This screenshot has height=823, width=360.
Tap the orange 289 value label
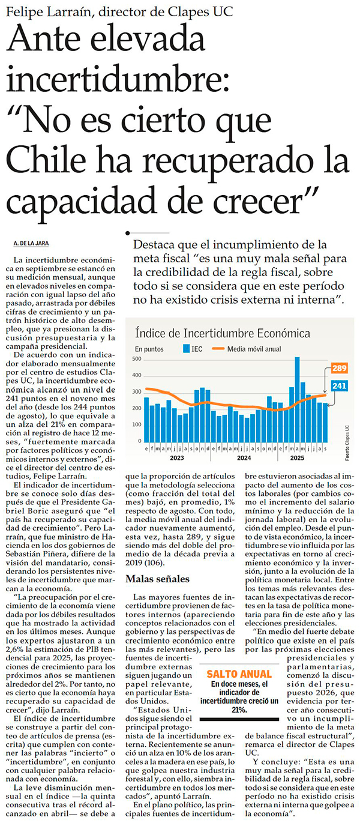pos(338,368)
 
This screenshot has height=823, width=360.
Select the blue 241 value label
pos(339,385)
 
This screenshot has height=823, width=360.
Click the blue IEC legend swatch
pos(187,348)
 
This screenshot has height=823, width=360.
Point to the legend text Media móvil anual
pos(255,348)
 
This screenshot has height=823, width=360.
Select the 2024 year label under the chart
pos(244,458)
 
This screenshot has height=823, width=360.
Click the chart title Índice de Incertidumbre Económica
pos(222,333)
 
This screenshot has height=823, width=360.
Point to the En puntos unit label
pos(149,348)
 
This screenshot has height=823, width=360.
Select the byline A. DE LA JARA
pos(30,243)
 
